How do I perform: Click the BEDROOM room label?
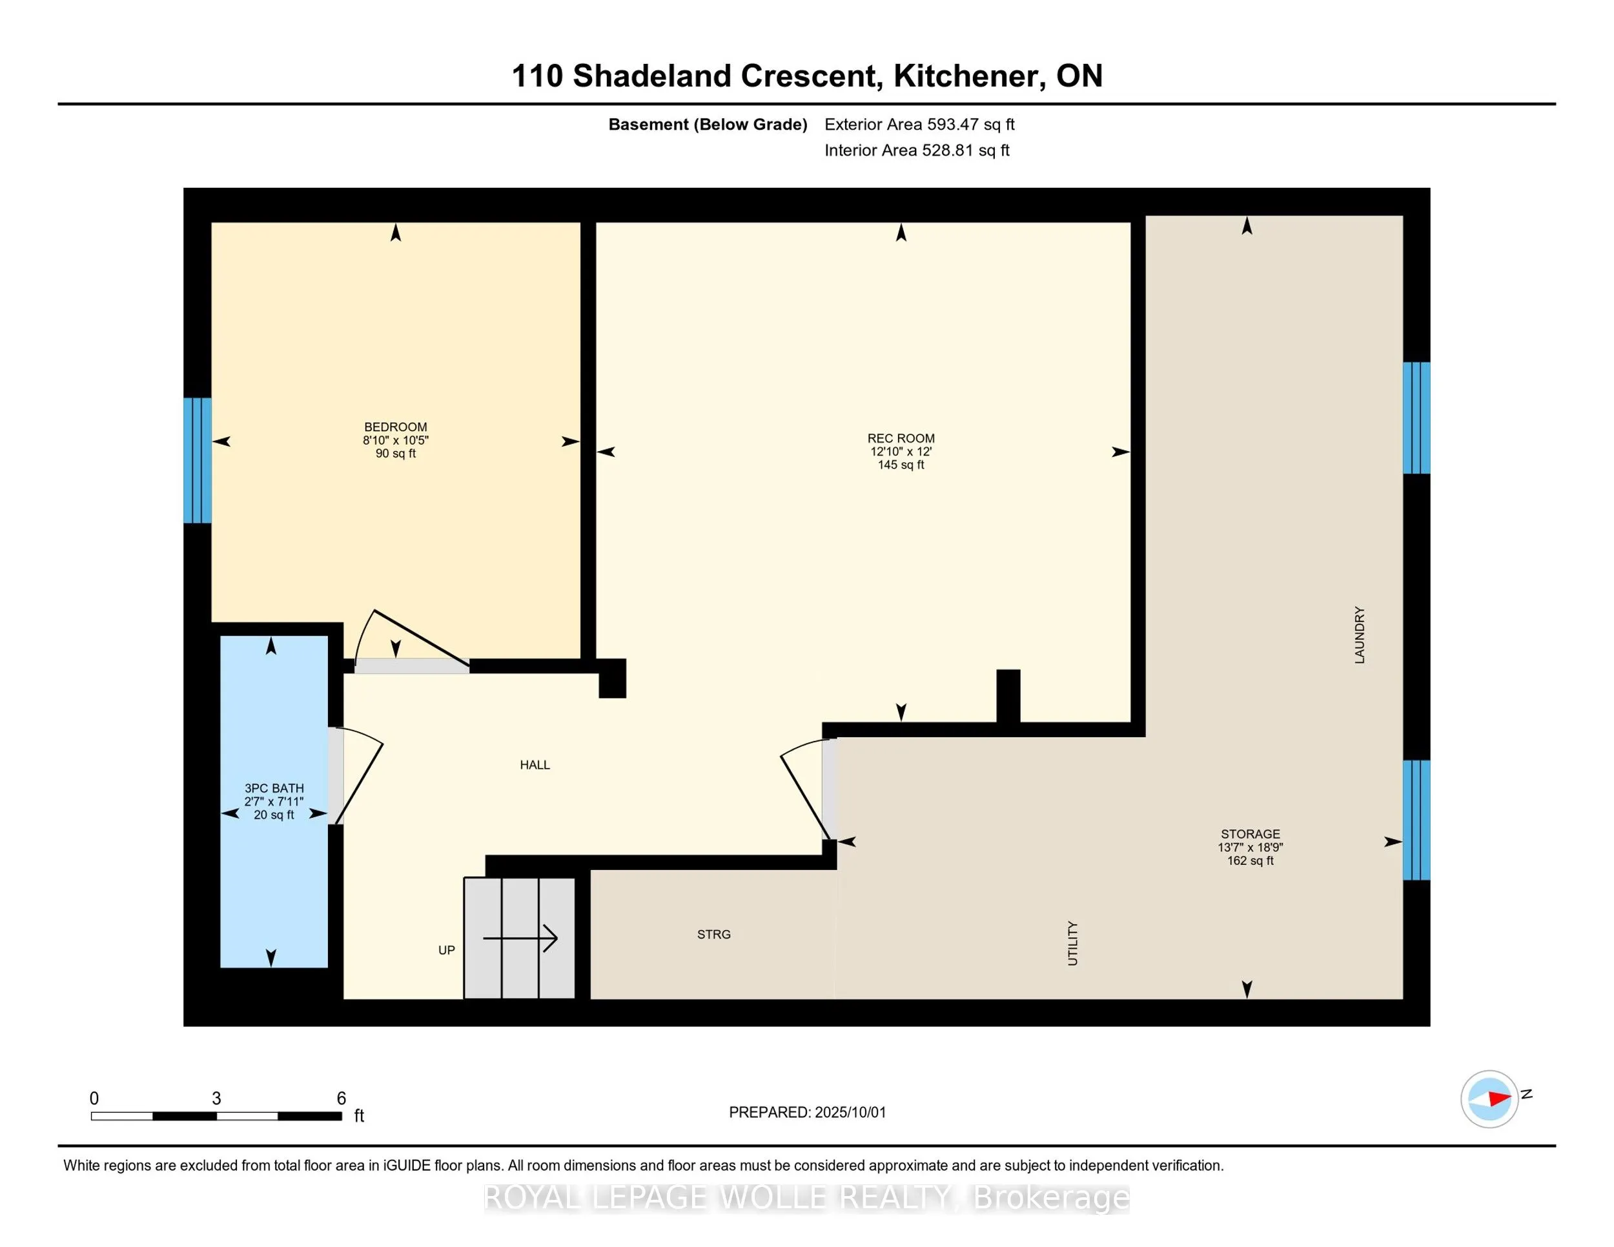(x=395, y=427)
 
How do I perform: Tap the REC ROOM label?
(x=901, y=438)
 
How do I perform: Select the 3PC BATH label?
(x=274, y=788)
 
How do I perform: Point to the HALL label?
(x=535, y=765)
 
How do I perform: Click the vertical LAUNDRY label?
(x=1360, y=635)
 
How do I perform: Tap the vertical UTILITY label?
(x=1073, y=944)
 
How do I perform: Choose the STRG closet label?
(x=714, y=935)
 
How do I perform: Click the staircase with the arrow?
(x=520, y=938)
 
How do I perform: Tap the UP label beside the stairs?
(x=446, y=950)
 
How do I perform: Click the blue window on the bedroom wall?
(x=198, y=460)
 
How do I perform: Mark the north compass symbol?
(x=1490, y=1099)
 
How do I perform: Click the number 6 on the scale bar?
(x=342, y=1099)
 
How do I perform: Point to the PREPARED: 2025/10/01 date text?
(x=807, y=1113)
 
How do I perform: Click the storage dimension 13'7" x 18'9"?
(x=1251, y=847)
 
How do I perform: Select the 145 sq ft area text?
(x=901, y=465)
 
